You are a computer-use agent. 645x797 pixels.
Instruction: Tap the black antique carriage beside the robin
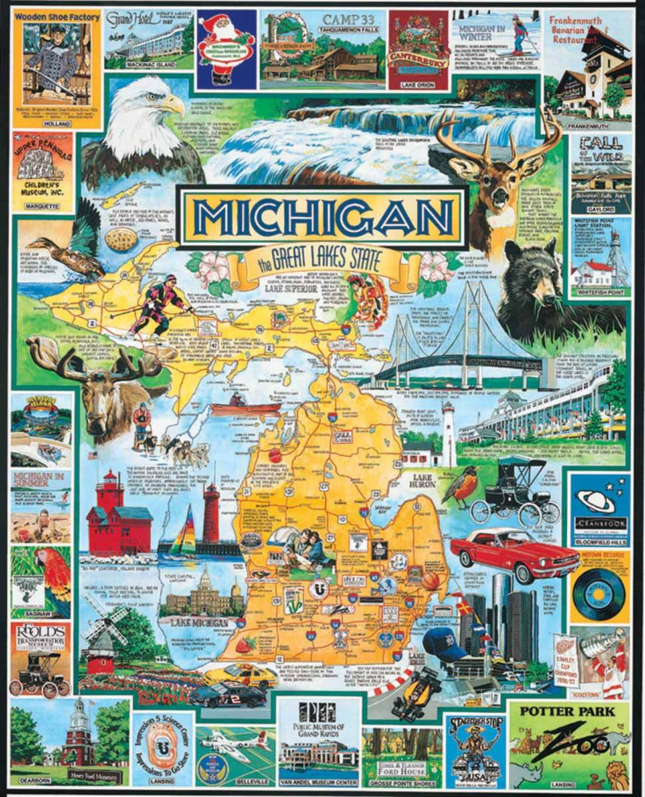pyautogui.click(x=515, y=491)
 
